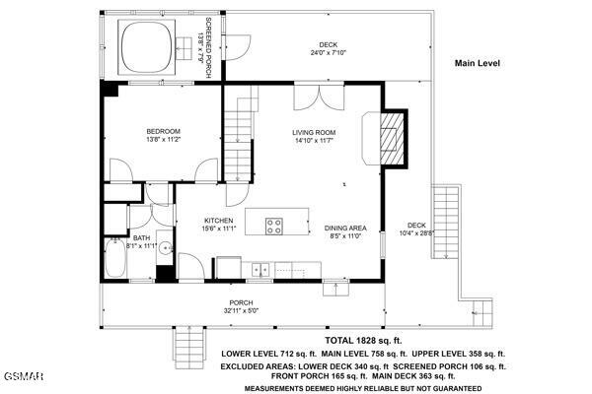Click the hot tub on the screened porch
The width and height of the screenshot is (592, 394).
point(147,42)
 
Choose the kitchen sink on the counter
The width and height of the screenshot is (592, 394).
point(260,268)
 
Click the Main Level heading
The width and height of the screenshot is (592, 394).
point(478,63)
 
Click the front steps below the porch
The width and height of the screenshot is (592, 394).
point(186,345)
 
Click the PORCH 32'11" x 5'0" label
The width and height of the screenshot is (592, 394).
point(241,306)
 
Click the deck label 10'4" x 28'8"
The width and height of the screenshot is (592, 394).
point(415,230)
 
